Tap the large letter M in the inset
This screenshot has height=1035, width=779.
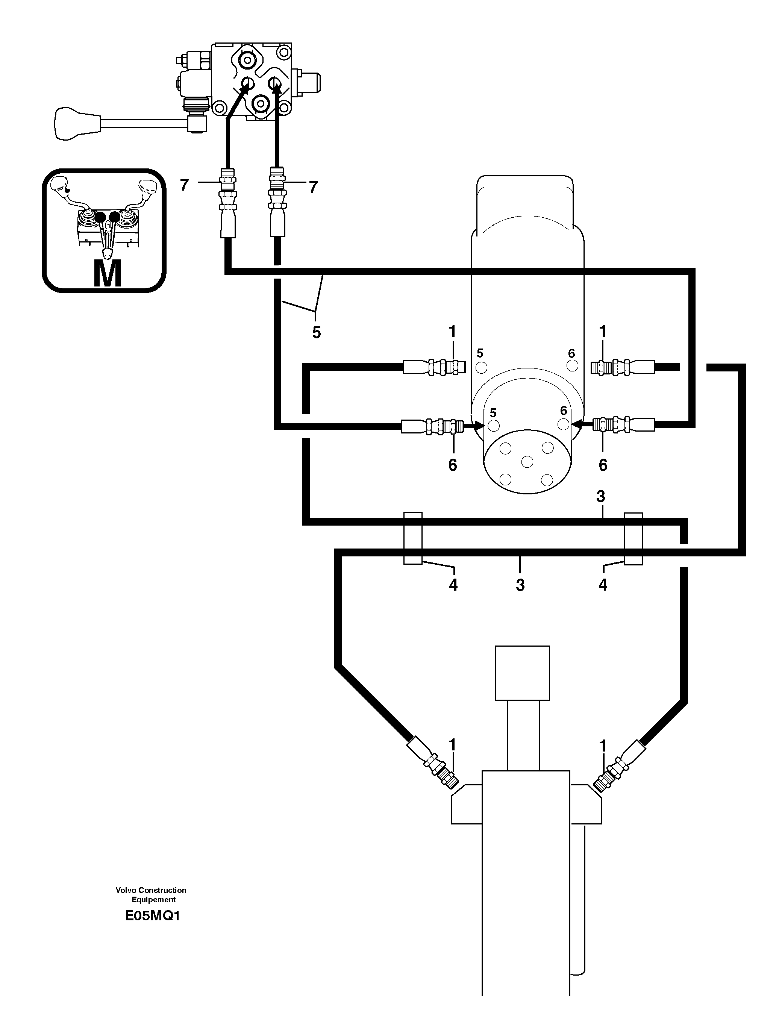coord(107,274)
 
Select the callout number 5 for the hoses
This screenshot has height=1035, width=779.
coord(316,333)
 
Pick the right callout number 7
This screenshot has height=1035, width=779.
coord(313,187)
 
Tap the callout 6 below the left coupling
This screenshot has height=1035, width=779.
coord(452,465)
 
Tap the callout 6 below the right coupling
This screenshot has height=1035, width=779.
coord(603,465)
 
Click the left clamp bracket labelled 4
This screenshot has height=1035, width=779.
coord(413,538)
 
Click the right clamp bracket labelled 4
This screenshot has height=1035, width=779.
coord(634,538)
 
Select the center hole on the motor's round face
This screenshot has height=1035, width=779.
coord(527,462)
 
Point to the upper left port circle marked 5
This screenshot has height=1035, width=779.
coord(481,367)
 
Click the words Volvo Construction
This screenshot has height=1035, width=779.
coord(151,890)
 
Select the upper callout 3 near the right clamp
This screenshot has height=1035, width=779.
coord(601,496)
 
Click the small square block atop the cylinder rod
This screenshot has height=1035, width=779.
coord(522,673)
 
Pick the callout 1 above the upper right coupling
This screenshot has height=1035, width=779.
coord(603,331)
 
